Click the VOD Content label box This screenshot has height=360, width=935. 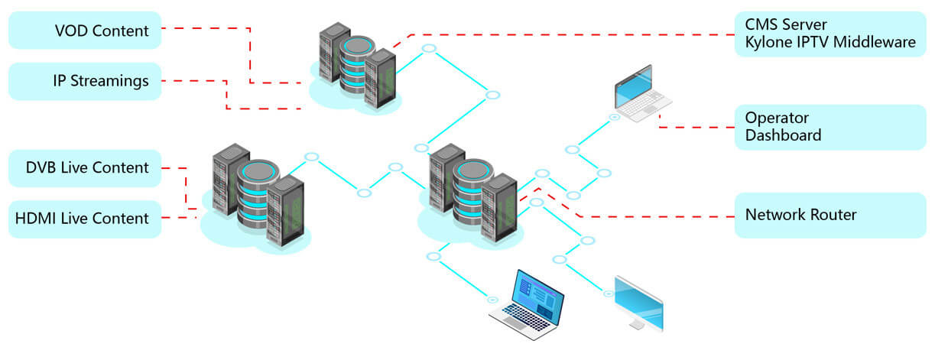pos(85,31)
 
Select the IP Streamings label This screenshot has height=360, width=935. pos(85,81)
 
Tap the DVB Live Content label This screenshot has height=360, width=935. pos(85,168)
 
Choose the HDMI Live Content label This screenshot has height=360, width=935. pos(85,219)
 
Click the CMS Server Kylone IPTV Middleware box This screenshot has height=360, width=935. pos(829,34)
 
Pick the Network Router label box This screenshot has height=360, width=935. pos(829,215)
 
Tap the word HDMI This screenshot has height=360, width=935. pos(35,219)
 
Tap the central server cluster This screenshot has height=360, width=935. pos(471,195)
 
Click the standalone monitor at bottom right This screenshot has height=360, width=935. pos(639,303)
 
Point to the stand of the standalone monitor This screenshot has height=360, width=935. pos(636,324)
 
